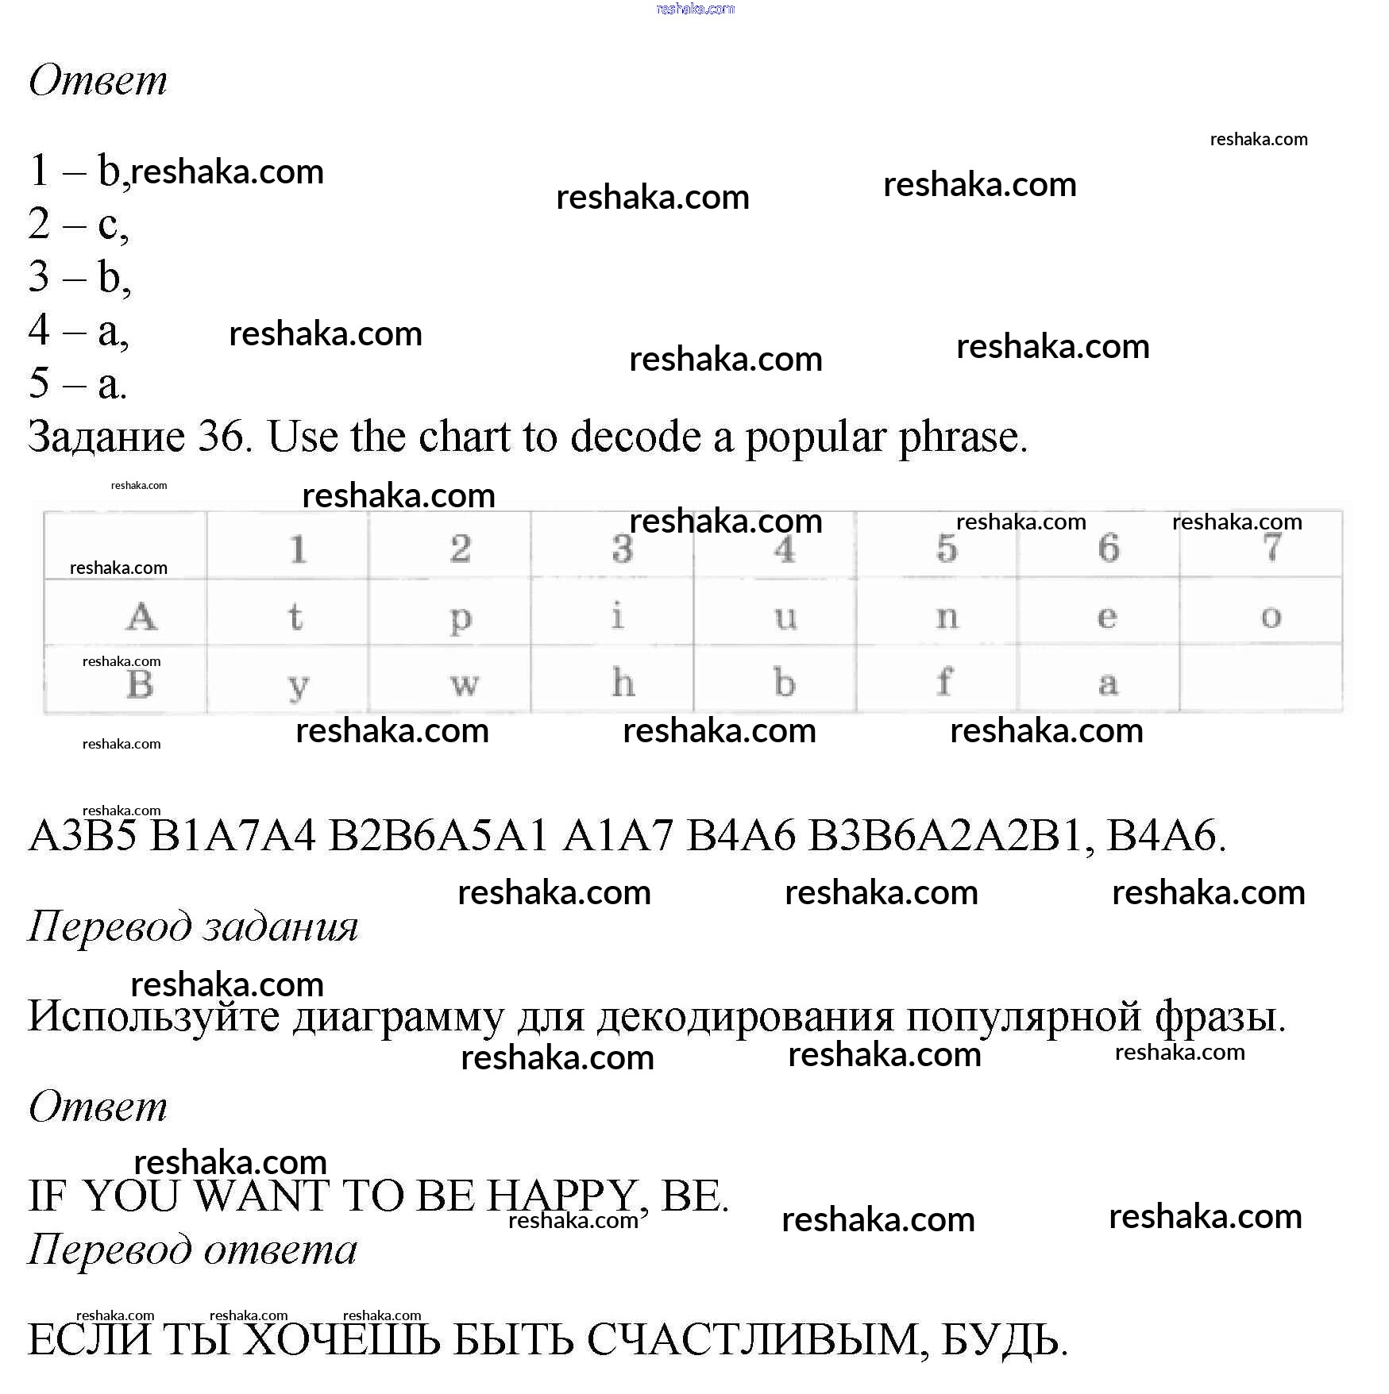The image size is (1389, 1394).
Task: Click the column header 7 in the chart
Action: click(x=1271, y=547)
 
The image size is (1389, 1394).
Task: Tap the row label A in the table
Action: click(x=141, y=616)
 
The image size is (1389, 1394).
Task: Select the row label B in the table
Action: click(x=140, y=684)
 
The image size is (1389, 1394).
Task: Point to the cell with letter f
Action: click(x=944, y=682)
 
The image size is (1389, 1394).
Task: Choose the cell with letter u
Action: click(x=785, y=617)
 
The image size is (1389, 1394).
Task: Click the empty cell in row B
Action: click(x=1260, y=680)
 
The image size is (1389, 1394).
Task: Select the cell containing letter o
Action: click(x=1271, y=617)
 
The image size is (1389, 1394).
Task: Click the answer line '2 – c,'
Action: click(x=78, y=224)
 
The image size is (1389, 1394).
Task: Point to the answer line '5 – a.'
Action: click(x=77, y=383)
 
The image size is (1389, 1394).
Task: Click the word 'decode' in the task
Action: click(x=635, y=437)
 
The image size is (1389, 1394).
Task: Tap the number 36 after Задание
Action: click(x=221, y=437)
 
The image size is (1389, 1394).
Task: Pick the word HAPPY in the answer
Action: click(x=561, y=1196)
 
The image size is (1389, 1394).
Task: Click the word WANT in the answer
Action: click(x=262, y=1196)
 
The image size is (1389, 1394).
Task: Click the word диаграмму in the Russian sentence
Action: click(x=398, y=1017)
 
